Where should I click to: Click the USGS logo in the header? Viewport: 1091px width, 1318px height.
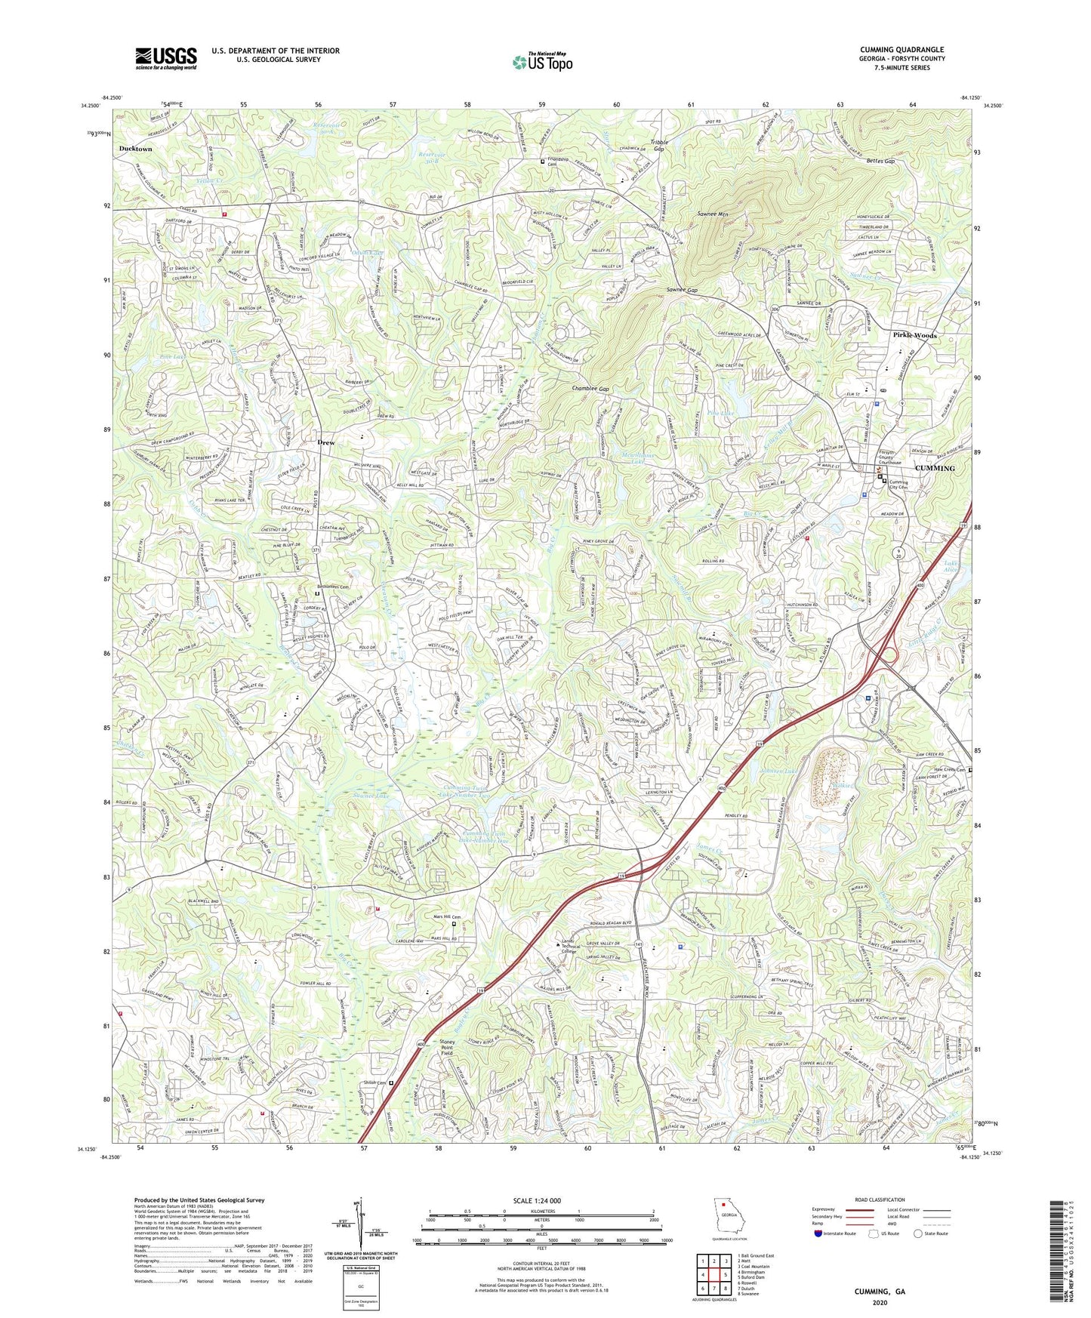pyautogui.click(x=166, y=57)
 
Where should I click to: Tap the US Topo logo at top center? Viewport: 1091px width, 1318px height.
pyautogui.click(x=542, y=62)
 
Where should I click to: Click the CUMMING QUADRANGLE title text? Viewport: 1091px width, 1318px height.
pyautogui.click(x=901, y=50)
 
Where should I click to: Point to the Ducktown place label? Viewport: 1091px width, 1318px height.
pyautogui.click(x=135, y=149)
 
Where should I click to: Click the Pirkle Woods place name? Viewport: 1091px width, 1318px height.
pyautogui.click(x=914, y=335)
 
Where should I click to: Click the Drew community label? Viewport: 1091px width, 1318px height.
pyautogui.click(x=325, y=442)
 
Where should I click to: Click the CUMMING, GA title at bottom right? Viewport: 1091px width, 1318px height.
pyautogui.click(x=879, y=1291)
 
